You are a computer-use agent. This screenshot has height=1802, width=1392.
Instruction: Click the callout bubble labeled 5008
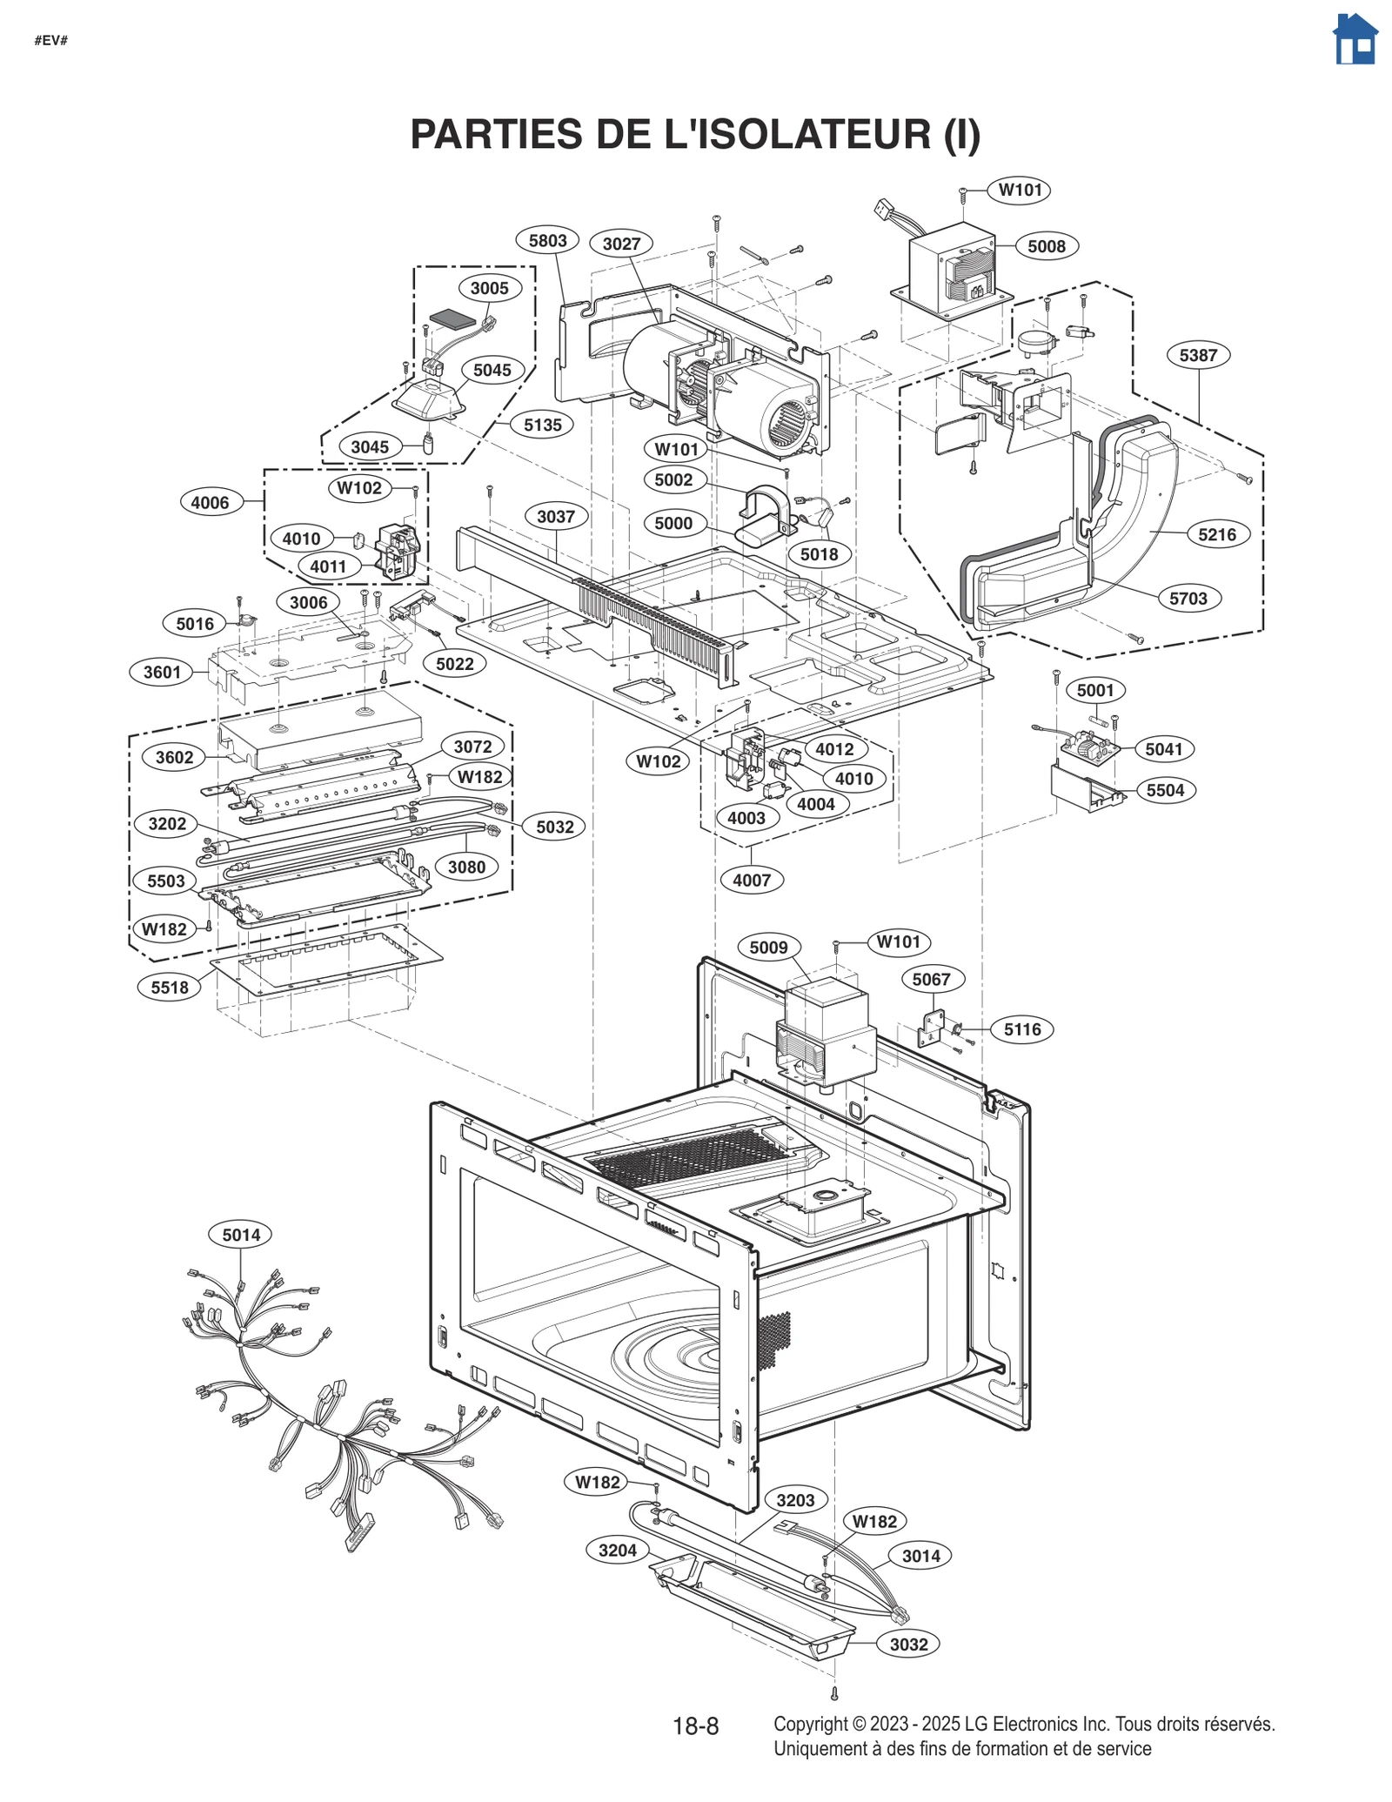1046,246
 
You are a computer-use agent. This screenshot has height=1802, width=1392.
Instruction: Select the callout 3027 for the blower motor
621,244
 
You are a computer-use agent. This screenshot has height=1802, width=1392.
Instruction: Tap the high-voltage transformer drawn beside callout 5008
954,274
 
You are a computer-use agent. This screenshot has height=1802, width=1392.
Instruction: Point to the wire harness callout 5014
241,1235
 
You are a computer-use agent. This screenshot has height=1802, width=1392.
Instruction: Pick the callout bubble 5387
1198,355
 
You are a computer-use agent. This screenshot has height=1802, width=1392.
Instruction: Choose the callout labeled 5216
1216,534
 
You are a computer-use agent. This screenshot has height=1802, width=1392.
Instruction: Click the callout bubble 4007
751,880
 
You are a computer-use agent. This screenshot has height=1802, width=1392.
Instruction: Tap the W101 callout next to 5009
898,941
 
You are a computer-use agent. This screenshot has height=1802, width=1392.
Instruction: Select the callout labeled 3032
908,1645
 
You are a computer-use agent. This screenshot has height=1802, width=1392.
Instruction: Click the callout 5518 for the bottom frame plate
170,988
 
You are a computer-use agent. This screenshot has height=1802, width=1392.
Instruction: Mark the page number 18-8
695,1726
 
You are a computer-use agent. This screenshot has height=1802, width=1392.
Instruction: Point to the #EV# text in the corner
51,41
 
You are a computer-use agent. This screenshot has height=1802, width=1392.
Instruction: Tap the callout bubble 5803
547,241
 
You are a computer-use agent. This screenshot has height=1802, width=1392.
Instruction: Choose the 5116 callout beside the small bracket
1021,1029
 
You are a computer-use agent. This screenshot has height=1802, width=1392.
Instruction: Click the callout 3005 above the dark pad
489,288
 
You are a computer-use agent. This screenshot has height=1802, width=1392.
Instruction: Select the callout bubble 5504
1165,790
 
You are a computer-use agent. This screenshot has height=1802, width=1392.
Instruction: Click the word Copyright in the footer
810,1724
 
